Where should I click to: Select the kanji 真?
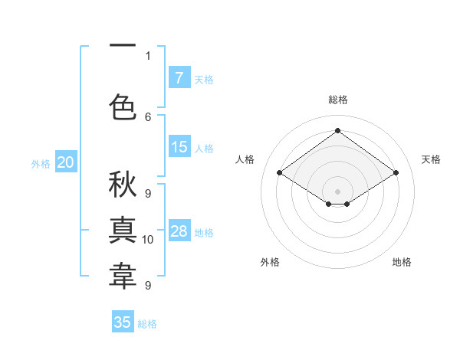[x=123, y=231]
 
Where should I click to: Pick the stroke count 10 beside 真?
[x=149, y=240]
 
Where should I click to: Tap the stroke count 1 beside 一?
[x=148, y=55]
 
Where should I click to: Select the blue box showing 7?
[x=179, y=77]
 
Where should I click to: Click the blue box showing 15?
[x=179, y=147]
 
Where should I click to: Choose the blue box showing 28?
[x=179, y=231]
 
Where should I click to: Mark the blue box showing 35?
[x=123, y=322]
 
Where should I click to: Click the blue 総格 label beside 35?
[x=148, y=324]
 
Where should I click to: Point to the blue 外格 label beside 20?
[x=41, y=163]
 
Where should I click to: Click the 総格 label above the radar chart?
[x=337, y=100]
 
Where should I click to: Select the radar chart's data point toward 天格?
[x=396, y=173]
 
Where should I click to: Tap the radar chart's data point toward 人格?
[x=280, y=173]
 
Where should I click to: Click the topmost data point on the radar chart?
[x=337, y=131]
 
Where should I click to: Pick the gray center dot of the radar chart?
[x=337, y=190]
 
